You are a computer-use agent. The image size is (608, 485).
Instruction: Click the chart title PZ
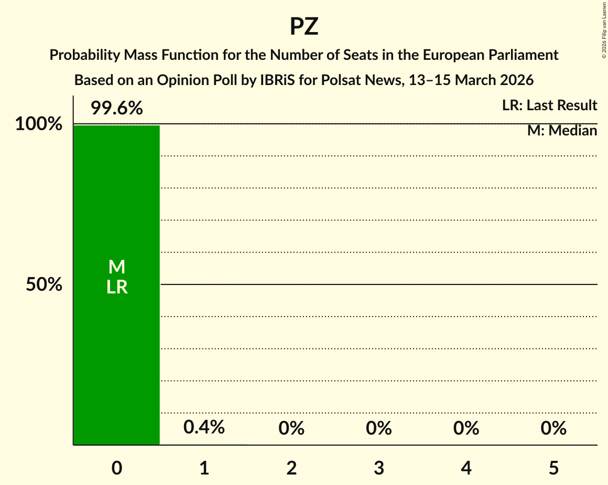304,26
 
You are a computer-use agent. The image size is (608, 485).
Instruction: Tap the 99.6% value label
116,109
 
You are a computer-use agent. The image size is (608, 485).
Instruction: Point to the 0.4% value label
204,427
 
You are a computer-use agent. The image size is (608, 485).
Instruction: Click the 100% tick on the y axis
38,124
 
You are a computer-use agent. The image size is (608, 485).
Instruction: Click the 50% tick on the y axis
45,284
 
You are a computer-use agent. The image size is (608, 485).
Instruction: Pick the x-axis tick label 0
117,468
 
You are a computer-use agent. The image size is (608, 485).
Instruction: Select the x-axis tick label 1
204,468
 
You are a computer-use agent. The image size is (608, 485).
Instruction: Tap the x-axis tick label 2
291,468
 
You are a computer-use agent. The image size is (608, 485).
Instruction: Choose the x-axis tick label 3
379,468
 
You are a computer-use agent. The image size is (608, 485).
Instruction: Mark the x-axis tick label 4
466,468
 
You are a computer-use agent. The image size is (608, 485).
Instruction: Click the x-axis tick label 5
553,468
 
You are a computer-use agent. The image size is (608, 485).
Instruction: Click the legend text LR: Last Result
549,106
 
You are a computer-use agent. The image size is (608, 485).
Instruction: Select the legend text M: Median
562,131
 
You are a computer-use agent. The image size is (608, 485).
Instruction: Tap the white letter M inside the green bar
117,267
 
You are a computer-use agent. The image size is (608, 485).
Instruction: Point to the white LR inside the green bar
117,287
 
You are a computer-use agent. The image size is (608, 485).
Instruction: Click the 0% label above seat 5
553,429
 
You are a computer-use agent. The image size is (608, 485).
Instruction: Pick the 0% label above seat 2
291,429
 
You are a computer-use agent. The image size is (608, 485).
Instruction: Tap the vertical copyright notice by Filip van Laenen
604,30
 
